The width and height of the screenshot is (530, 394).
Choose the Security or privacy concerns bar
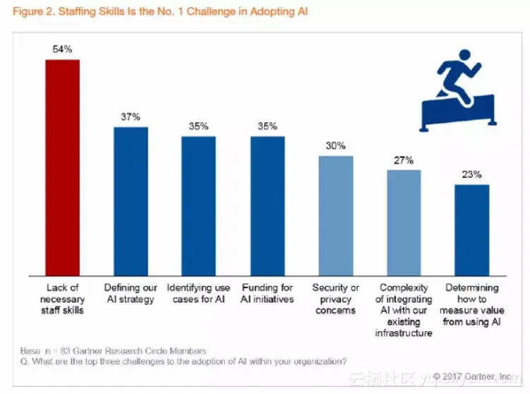[x=336, y=215]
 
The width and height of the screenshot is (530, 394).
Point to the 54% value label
[x=63, y=49]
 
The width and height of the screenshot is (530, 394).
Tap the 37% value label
[x=131, y=117]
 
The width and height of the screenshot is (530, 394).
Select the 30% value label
[x=336, y=145]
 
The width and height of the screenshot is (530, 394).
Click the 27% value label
[x=404, y=160]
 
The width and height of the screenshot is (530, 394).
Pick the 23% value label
[x=471, y=174]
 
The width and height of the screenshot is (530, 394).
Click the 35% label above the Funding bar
[x=267, y=126]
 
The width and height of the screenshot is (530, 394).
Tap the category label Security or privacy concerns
[x=336, y=299]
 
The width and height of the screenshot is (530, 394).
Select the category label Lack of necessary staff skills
[x=63, y=299]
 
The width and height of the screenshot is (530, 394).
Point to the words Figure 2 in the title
[x=30, y=12]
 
